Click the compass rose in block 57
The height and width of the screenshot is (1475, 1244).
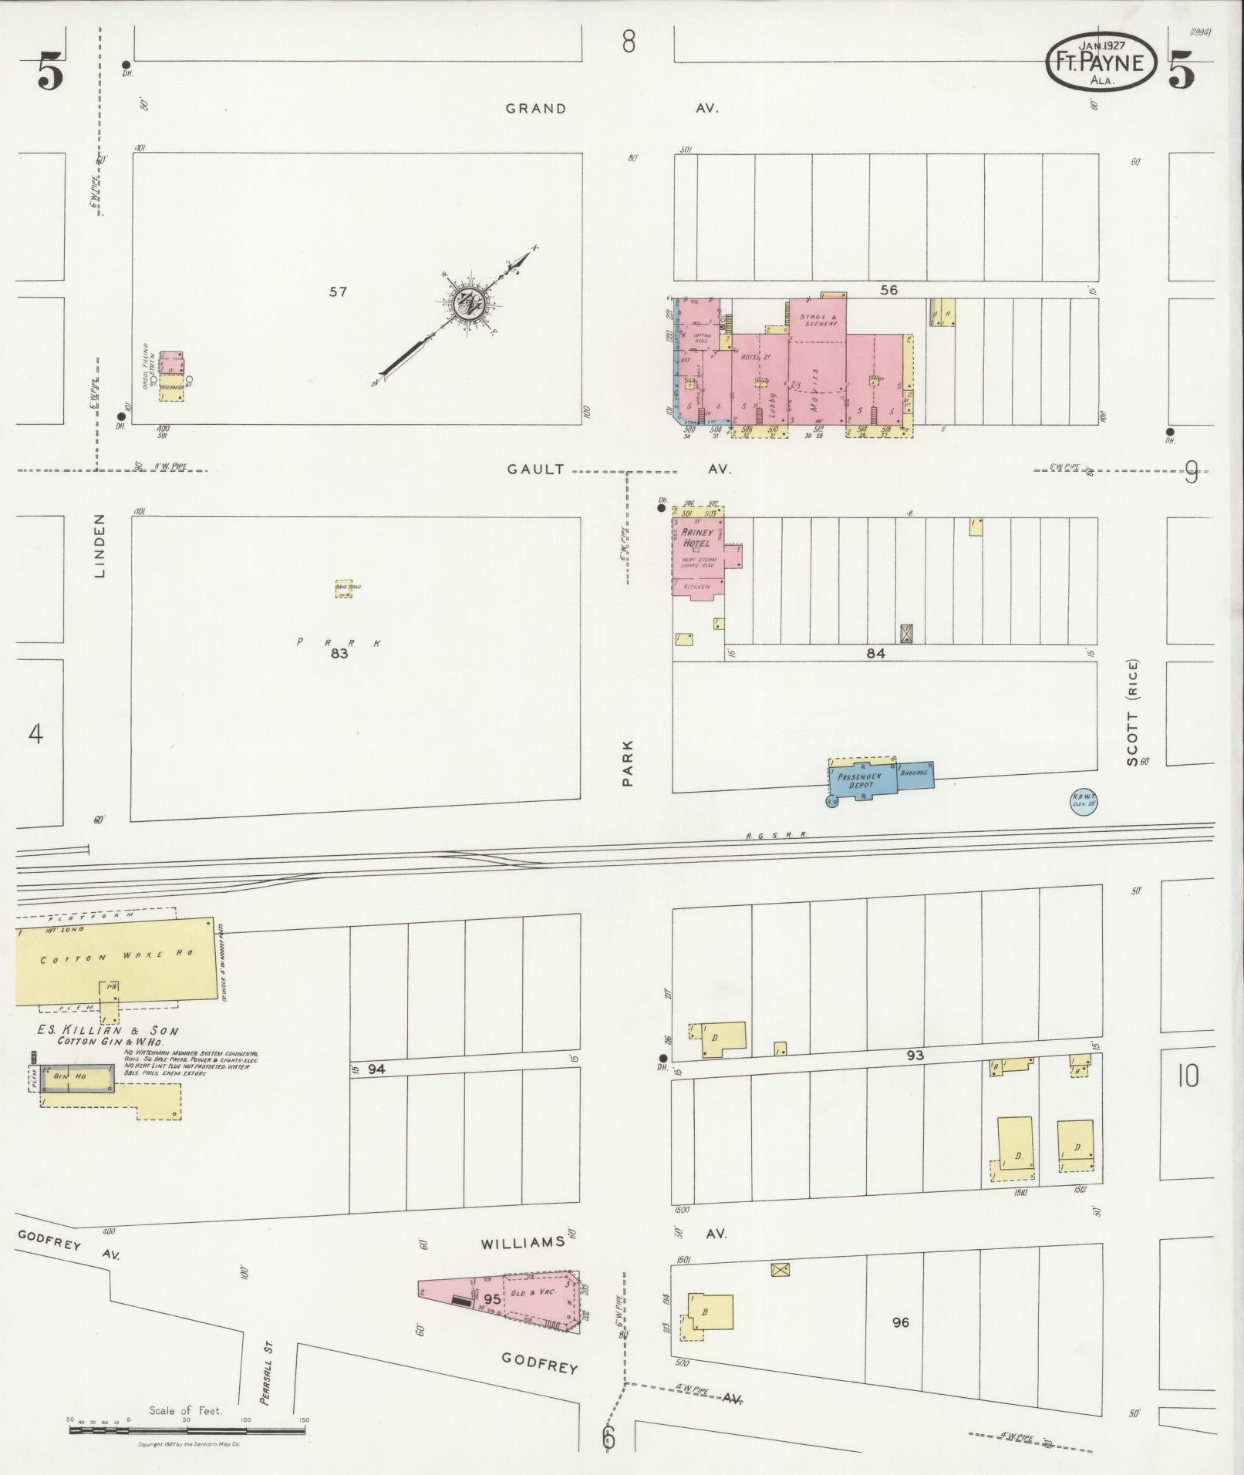(x=467, y=302)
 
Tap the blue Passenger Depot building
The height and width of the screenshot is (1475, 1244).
(x=864, y=780)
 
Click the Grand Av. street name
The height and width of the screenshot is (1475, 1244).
(x=535, y=109)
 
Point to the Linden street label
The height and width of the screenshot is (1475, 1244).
(x=100, y=546)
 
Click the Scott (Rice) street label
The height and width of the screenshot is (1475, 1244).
(x=1132, y=712)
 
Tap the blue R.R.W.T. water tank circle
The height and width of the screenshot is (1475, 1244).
(x=1083, y=802)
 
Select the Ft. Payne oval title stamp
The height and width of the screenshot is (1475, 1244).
(x=1101, y=63)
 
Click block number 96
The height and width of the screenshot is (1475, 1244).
(x=900, y=1322)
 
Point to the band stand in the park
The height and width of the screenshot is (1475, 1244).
(x=343, y=590)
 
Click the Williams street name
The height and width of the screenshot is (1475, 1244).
(x=523, y=1243)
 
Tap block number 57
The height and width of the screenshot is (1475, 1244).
(x=338, y=291)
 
